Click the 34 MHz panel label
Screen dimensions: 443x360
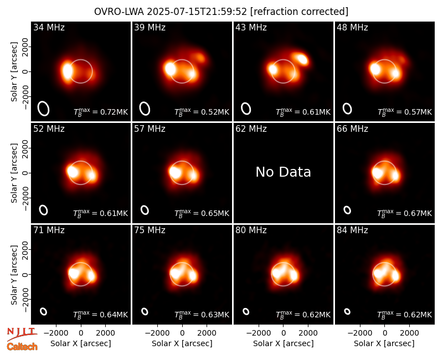(49, 27)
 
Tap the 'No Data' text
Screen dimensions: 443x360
(283, 172)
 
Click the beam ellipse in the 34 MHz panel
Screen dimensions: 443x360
(44, 109)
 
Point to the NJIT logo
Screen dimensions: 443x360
(22, 334)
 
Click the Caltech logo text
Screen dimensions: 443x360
(22, 347)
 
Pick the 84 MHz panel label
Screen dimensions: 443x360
(352, 230)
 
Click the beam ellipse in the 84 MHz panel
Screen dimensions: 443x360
(347, 311)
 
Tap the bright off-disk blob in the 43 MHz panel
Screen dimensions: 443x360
(301, 59)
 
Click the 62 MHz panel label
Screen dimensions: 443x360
(251, 129)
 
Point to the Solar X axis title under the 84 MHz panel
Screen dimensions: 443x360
(384, 343)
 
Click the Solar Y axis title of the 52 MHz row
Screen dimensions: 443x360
(14, 173)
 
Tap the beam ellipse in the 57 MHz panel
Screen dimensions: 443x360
(145, 210)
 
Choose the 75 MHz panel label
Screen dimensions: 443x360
(150, 230)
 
